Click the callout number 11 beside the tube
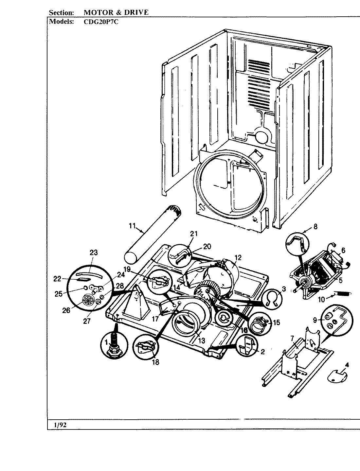point(132,225)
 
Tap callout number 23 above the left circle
point(94,252)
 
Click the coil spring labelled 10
point(343,293)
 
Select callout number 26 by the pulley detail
point(66,310)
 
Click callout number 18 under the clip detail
point(156,362)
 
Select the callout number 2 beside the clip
point(262,352)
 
